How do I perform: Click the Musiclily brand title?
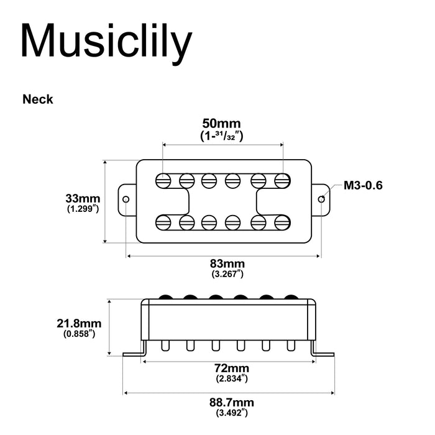(106, 42)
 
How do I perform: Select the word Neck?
(38, 99)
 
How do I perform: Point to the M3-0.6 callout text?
(363, 185)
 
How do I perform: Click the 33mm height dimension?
(83, 199)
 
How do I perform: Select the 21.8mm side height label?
(79, 324)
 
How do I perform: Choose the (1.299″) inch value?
(83, 209)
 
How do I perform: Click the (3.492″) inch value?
(232, 413)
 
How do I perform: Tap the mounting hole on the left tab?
(126, 199)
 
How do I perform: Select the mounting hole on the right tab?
(321, 199)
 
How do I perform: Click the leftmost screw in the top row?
(163, 180)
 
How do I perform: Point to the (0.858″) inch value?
(79, 334)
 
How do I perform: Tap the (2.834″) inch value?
(232, 378)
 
